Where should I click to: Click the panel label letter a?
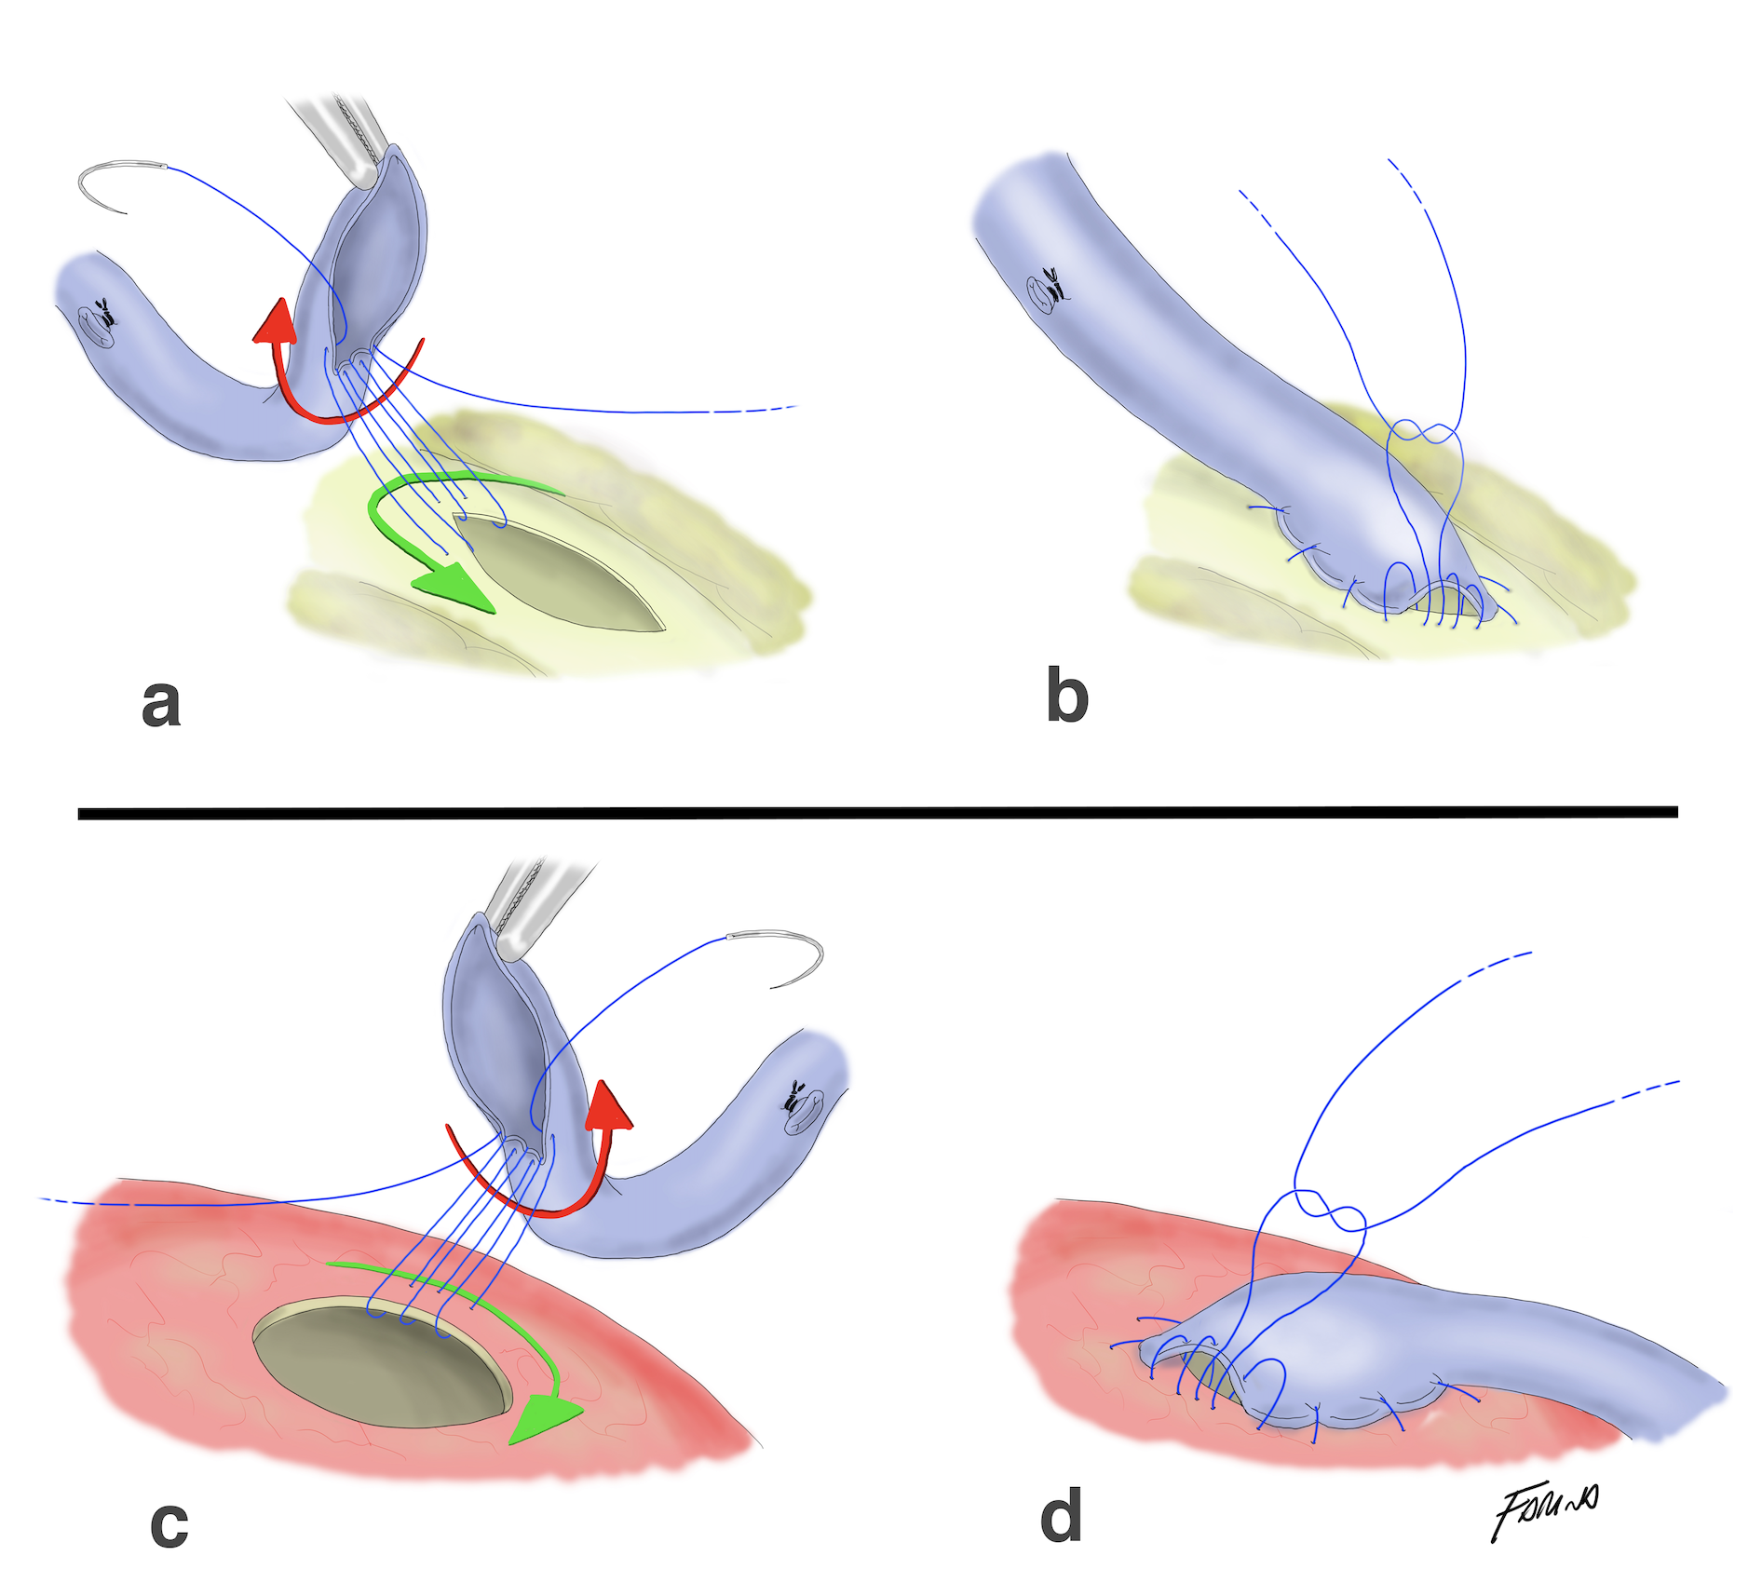(160, 703)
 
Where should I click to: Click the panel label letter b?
(1066, 696)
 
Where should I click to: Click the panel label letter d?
(1061, 1515)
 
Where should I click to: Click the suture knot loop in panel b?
(1423, 432)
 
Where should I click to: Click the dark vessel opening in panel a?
(559, 573)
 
